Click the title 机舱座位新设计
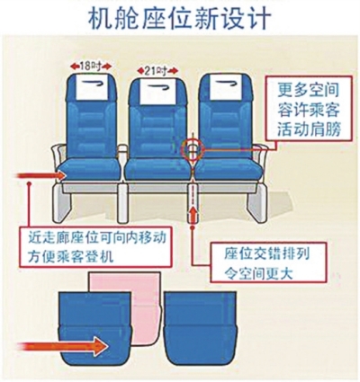click(179, 17)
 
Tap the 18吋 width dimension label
click(91, 67)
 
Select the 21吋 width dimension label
click(157, 71)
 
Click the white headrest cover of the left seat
click(91, 86)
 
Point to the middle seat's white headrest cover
click(157, 91)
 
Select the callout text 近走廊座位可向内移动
click(97, 238)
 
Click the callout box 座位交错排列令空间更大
click(268, 262)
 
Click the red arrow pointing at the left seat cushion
click(41, 175)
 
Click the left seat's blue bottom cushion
click(91, 170)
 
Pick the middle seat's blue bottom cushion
click(157, 170)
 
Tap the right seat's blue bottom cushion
click(228, 170)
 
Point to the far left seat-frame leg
click(62, 203)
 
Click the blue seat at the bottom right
click(201, 327)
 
